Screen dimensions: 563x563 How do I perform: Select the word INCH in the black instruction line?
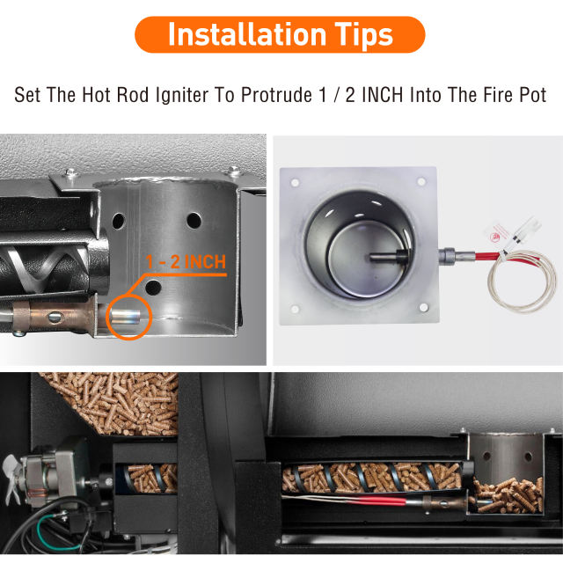point(378,94)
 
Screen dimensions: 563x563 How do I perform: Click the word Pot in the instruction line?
point(531,94)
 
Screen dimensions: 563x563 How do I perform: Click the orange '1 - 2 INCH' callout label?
point(186,261)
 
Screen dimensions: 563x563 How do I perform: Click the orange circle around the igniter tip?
point(129,313)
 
